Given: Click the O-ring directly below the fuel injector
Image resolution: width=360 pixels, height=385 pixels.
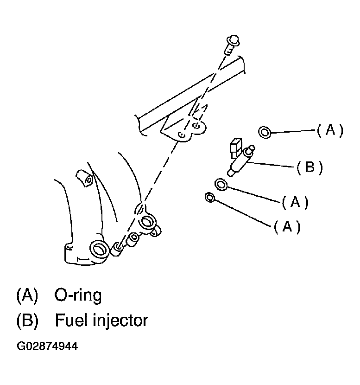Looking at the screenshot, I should pos(221,185).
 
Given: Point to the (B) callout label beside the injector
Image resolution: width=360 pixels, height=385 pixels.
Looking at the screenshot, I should pos(309,167).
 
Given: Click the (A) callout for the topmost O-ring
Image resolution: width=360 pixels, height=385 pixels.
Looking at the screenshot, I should pos(330,131).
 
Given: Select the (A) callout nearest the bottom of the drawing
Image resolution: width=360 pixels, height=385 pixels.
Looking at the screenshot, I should pos(287,226).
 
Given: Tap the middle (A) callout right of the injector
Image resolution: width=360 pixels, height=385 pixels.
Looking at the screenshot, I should pos(295,202).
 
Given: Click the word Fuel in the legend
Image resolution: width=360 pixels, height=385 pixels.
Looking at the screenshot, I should pos(69,320).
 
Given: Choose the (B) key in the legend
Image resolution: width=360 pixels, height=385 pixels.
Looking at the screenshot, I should pos(26,320).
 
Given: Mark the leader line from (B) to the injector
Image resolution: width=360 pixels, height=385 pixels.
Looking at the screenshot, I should pos(271,165).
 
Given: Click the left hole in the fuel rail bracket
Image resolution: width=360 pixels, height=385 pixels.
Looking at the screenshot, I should pos(182,134).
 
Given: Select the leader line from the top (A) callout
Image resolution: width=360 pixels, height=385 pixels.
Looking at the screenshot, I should pos(293,132).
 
